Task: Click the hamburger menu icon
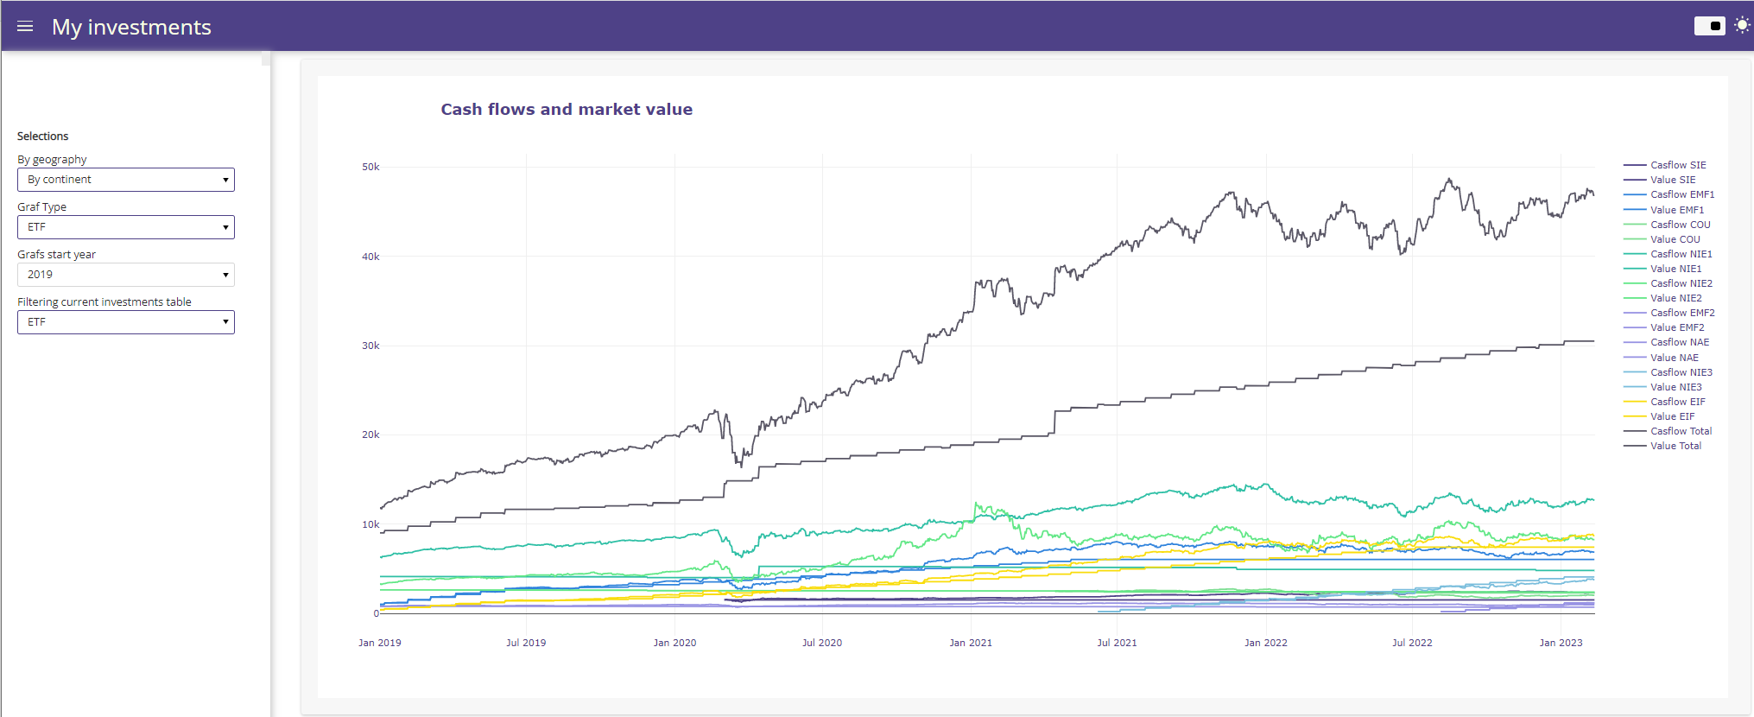[x=25, y=27]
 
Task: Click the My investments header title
[x=131, y=27]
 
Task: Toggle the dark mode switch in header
[x=1709, y=26]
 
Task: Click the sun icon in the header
[x=1742, y=25]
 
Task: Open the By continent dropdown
[x=126, y=180]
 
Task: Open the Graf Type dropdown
[x=126, y=227]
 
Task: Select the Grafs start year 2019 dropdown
[x=126, y=275]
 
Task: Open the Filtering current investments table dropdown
[x=126, y=322]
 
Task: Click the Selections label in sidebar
[x=43, y=136]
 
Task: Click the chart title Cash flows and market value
[x=567, y=110]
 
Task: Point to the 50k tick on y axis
[x=370, y=167]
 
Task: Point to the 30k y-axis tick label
[x=370, y=346]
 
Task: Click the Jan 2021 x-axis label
[x=971, y=643]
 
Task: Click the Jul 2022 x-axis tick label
[x=1412, y=643]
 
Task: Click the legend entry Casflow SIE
[x=1677, y=165]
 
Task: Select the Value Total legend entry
[x=1675, y=446]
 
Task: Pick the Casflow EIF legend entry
[x=1677, y=402]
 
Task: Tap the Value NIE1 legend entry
[x=1675, y=269]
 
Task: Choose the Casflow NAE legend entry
[x=1679, y=342]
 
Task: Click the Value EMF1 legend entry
[x=1676, y=210]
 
